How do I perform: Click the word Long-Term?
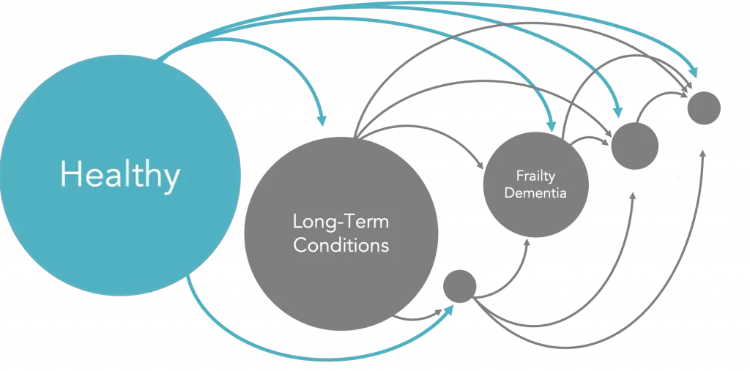[x=341, y=221]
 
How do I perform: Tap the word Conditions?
[x=341, y=244]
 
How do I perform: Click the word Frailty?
[x=535, y=176]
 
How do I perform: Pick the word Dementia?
[x=535, y=194]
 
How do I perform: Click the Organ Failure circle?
[x=634, y=143]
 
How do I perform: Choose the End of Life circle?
[x=702, y=108]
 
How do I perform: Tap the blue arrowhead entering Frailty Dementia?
[x=552, y=125]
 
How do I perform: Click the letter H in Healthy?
[x=70, y=176]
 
